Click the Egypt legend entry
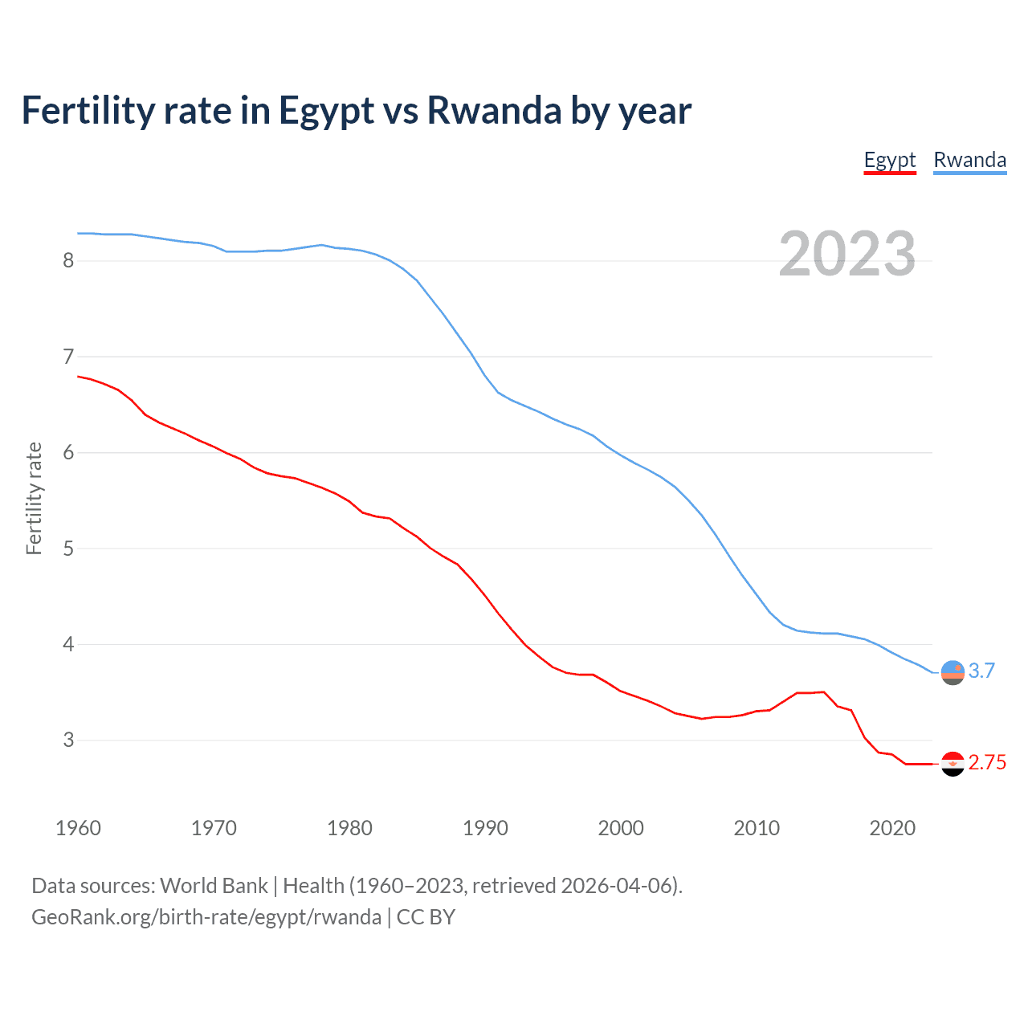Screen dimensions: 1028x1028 click(x=890, y=160)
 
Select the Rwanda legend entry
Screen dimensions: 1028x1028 click(x=969, y=160)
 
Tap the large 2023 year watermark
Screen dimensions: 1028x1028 click(x=846, y=254)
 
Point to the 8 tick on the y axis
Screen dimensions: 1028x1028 click(x=68, y=260)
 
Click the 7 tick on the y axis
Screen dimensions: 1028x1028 click(x=68, y=357)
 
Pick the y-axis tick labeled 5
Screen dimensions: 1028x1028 click(x=68, y=549)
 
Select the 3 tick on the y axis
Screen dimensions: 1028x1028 click(x=68, y=740)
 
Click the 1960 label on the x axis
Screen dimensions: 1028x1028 click(x=78, y=828)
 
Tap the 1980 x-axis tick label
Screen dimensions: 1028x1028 click(x=349, y=828)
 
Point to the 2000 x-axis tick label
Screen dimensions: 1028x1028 click(x=621, y=828)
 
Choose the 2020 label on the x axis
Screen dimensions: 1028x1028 click(x=892, y=828)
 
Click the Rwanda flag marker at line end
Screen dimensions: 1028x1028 click(x=953, y=672)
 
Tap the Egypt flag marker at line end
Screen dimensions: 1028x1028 click(x=953, y=764)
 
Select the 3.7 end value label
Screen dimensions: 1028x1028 click(x=981, y=671)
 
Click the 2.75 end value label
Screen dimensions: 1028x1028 click(x=987, y=762)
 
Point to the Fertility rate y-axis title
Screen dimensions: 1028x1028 click(x=34, y=498)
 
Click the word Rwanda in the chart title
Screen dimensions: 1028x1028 click(x=494, y=111)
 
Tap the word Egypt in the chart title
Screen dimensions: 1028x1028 click(x=326, y=111)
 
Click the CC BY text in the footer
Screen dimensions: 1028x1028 click(x=426, y=917)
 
